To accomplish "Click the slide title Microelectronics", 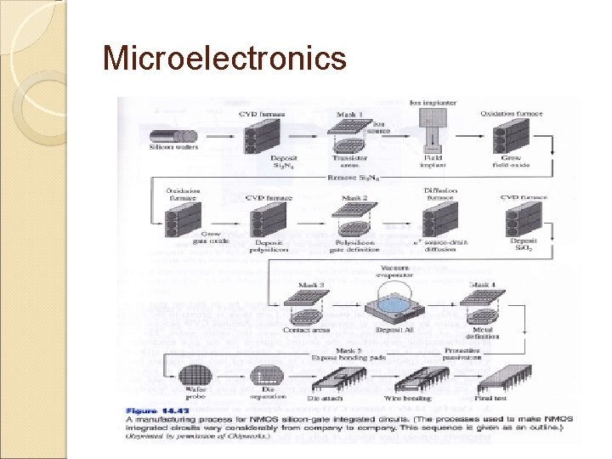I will [x=224, y=58].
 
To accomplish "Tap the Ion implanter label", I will [x=433, y=103].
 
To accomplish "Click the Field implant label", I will [x=433, y=161].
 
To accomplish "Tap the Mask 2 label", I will [x=354, y=198].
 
